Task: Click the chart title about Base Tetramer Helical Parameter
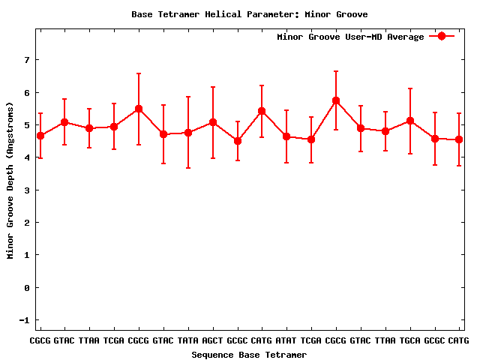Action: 249,14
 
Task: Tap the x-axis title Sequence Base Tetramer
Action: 249,355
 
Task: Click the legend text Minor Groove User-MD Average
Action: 350,37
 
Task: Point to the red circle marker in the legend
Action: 442,36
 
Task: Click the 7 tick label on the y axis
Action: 27,60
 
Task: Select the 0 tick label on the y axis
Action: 27,288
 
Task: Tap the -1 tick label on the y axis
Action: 25,320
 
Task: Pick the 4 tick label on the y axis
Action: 27,157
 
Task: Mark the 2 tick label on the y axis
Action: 27,223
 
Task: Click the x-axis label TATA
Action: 188,341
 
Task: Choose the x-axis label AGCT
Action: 213,341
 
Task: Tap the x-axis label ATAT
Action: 286,341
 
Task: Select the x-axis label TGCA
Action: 410,341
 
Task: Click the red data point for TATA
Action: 188,133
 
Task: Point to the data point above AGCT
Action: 213,122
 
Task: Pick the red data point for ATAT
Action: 286,136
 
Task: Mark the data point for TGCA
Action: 410,121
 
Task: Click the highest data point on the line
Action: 336,100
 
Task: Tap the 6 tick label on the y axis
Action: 27,92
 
